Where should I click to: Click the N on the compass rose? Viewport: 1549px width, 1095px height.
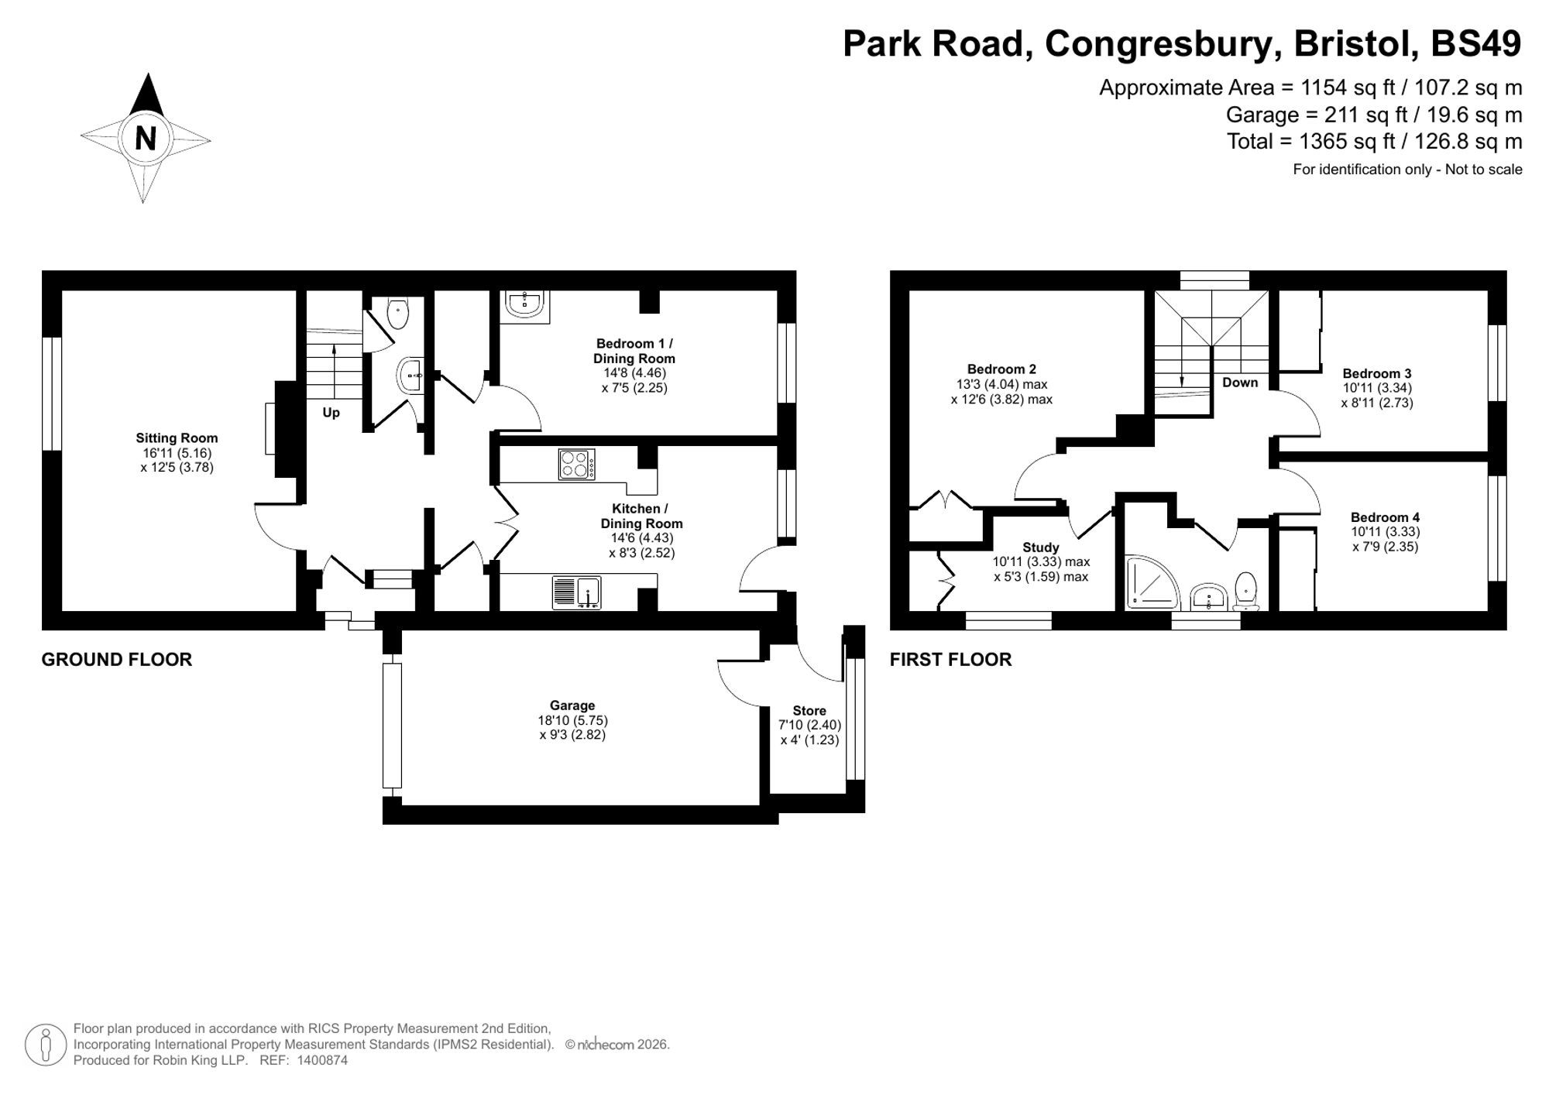coord(146,139)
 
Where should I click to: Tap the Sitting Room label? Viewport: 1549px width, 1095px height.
coord(177,438)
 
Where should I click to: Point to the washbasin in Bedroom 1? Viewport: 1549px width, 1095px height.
coord(525,304)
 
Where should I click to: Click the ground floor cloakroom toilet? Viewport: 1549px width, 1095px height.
coord(397,313)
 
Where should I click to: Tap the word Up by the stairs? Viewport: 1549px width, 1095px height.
coord(331,413)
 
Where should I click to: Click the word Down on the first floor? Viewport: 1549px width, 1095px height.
coord(1240,383)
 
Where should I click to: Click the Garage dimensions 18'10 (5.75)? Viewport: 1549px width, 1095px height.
coord(572,720)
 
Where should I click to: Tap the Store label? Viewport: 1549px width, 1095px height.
coord(809,711)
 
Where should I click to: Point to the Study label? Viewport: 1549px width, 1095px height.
coord(1040,547)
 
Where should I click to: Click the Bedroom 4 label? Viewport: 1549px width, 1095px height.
coord(1385,517)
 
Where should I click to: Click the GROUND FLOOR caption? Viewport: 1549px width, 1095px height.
coord(116,660)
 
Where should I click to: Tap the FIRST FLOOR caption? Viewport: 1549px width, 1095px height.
coord(950,660)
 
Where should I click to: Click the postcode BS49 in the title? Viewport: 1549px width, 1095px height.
coord(1475,43)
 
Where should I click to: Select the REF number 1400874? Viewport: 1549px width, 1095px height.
coord(320,1061)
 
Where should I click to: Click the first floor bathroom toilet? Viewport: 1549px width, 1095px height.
coord(1245,590)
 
